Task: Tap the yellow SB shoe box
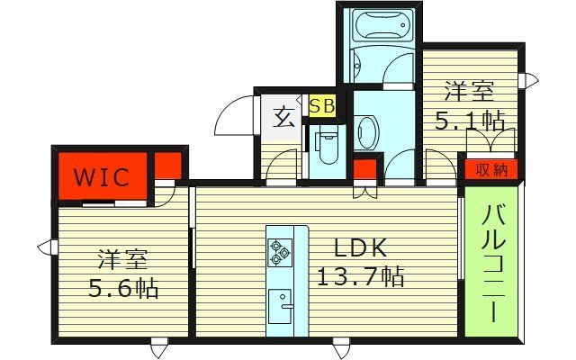(322, 105)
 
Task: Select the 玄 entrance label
(284, 116)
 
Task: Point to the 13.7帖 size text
(359, 276)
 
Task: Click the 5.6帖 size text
(123, 288)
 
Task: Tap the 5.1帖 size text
(469, 120)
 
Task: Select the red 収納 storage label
(492, 168)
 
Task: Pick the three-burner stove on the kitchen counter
(280, 253)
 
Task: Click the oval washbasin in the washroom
(366, 133)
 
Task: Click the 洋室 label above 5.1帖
(469, 91)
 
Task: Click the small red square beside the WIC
(167, 166)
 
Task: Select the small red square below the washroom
(364, 169)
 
